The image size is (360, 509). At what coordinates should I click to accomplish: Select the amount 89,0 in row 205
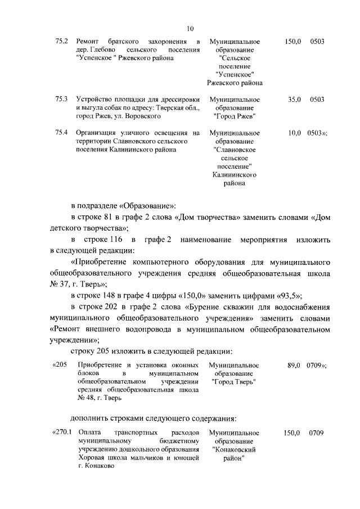pyautogui.click(x=295, y=365)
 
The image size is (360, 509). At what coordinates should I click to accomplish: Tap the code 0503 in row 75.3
pyautogui.click(x=317, y=100)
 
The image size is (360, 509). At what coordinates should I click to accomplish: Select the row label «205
pyautogui.click(x=60, y=365)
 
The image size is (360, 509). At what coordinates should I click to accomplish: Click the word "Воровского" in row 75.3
pyautogui.click(x=143, y=116)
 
